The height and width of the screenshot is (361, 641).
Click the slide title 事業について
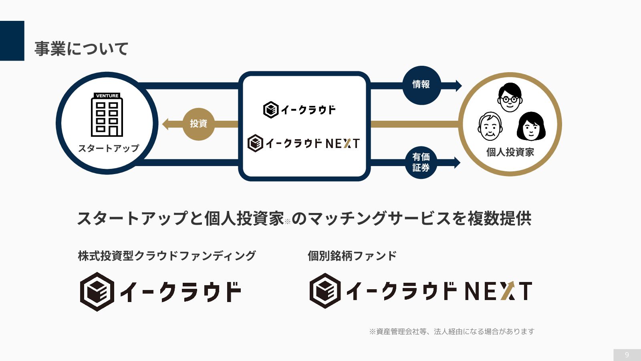coord(81,49)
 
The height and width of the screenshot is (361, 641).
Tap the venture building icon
coord(107,115)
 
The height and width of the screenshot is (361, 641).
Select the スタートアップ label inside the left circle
coord(109,148)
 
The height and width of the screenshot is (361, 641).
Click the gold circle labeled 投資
coord(198,124)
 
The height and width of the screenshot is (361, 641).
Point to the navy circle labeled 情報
coord(421,85)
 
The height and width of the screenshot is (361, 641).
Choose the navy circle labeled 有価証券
coord(421,162)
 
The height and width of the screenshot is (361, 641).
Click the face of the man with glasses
coord(510,97)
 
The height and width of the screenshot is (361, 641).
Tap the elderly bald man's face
coord(490,127)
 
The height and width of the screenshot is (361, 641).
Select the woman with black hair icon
coord(531,126)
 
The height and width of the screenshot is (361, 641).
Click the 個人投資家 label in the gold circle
coord(510,152)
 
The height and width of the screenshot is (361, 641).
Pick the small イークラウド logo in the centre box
coord(299,110)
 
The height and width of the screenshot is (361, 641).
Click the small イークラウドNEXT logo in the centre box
coord(304,143)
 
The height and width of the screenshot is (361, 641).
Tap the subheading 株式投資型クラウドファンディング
coord(167,256)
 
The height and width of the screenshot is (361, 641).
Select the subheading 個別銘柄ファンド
coord(352,256)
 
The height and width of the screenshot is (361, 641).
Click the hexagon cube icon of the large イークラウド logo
coord(97,292)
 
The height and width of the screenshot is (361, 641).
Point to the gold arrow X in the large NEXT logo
coord(508,291)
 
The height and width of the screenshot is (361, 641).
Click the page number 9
coord(627,355)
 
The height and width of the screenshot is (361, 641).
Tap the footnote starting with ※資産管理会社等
coord(452,332)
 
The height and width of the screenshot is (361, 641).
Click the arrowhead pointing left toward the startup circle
coord(165,124)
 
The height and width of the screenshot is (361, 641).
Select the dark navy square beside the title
coord(12,41)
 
